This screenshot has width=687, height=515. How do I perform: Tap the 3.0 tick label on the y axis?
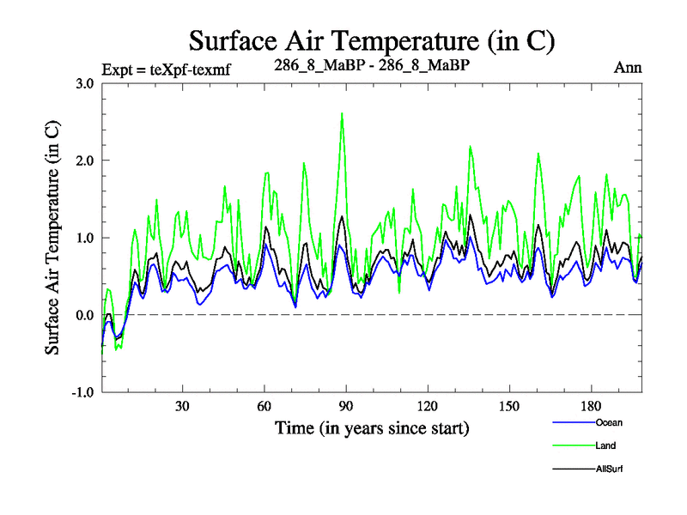coord(84,83)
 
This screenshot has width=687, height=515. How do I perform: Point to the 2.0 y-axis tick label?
coord(84,161)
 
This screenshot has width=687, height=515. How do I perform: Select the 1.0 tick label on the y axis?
coord(84,238)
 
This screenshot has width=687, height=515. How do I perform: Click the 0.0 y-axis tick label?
coord(84,315)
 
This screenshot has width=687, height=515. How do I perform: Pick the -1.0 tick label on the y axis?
coord(82,392)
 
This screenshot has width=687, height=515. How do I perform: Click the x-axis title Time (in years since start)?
coord(372,427)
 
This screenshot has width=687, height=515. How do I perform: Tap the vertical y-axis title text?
coord(52,238)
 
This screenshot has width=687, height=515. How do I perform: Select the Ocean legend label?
coord(607,422)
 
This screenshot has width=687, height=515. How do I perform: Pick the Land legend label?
coord(605,445)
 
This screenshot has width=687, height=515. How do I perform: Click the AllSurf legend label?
coord(608,469)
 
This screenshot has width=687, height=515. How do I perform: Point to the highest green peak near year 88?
coord(342,113)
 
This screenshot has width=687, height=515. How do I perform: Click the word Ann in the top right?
coord(628,67)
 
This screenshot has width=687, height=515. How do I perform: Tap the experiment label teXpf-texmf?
coord(167,68)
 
